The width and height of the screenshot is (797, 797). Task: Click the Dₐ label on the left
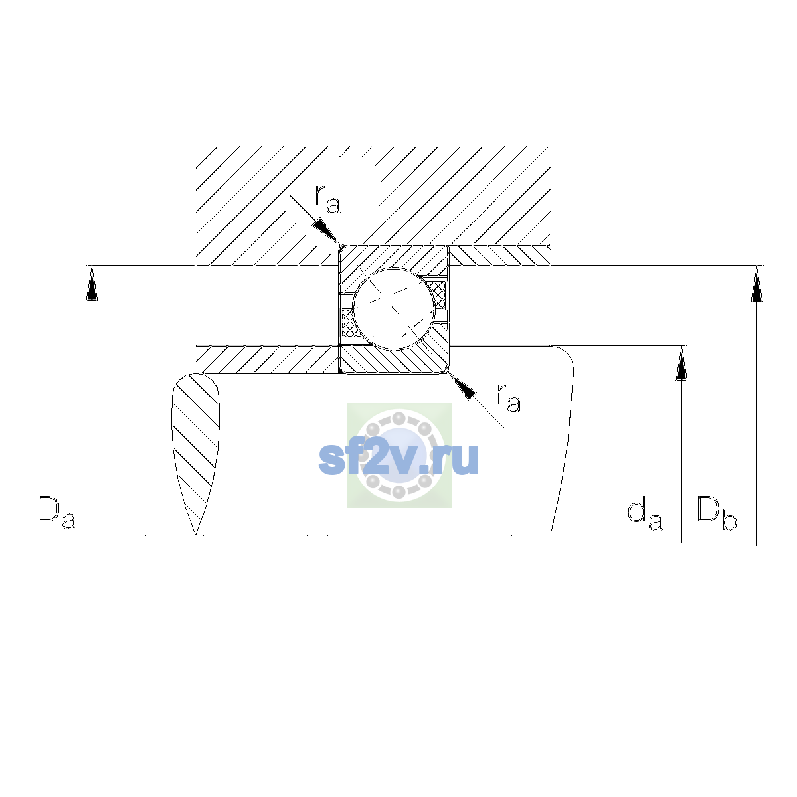coord(57,512)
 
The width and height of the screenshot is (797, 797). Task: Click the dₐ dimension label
coord(645,515)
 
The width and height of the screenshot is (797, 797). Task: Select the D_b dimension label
coord(717,513)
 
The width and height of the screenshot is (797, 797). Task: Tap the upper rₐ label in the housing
coord(327,199)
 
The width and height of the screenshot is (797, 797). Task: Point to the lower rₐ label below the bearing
coord(509,398)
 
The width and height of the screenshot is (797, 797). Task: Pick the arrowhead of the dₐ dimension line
coord(681,363)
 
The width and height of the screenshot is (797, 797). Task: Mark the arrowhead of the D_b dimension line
coord(757,284)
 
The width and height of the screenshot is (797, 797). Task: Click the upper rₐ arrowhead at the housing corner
coord(327,232)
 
